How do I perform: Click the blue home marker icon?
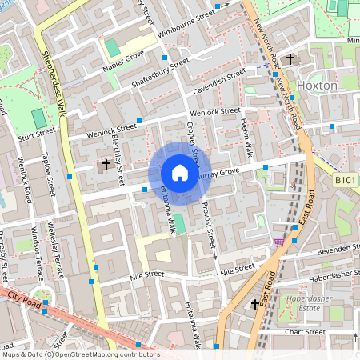[x=180, y=173]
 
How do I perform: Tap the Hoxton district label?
[x=317, y=85]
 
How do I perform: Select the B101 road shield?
[x=345, y=182]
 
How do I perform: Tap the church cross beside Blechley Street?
[x=106, y=165]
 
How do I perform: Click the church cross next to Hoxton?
[x=290, y=59]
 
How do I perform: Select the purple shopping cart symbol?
[x=278, y=242]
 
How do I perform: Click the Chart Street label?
[x=301, y=331]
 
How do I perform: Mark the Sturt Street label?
[x=37, y=132]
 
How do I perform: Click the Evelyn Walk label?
[x=247, y=138]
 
